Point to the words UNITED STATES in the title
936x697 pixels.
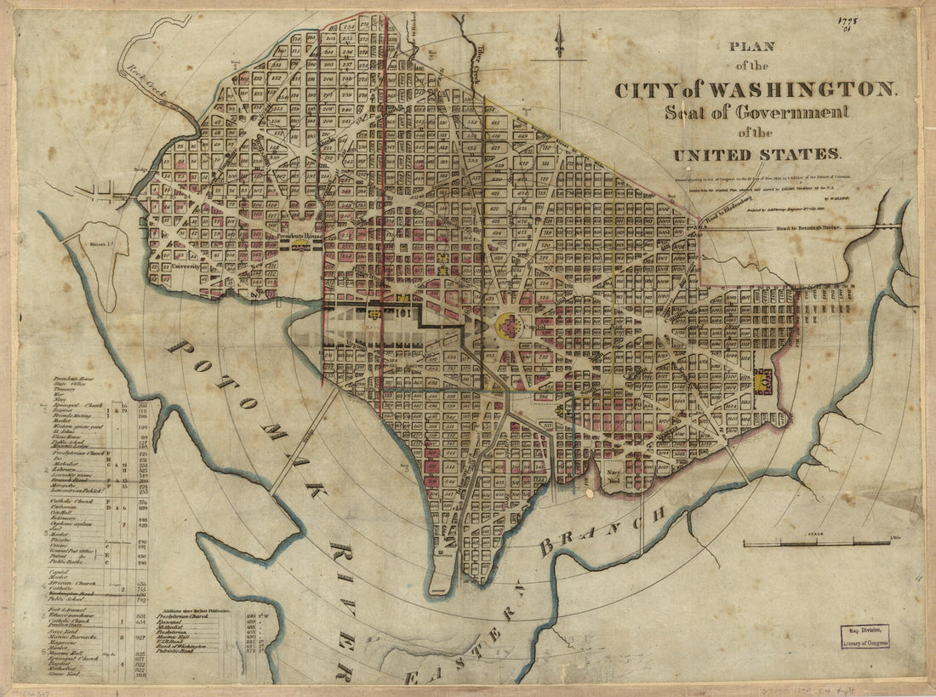(756, 155)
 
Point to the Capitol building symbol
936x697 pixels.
(508, 324)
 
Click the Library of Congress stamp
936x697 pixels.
(864, 636)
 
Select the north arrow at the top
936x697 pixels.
(559, 41)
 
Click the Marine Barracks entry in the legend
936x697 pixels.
(79, 636)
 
